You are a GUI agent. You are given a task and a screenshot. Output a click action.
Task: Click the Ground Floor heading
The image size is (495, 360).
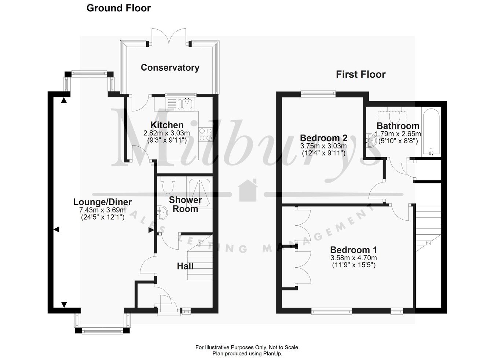click(x=118, y=8)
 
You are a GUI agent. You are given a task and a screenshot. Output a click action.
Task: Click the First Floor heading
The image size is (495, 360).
click(x=361, y=74)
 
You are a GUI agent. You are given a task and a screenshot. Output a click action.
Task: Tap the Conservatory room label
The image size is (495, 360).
click(x=170, y=67)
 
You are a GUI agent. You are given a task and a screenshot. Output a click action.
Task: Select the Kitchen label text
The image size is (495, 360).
click(x=167, y=125)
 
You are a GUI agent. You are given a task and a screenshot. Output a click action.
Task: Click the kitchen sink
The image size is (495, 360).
click(x=186, y=104)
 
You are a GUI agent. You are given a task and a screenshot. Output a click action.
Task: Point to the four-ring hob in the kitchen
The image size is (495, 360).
click(x=205, y=134)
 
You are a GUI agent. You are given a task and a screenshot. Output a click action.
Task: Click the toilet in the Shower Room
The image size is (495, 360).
click(x=169, y=185)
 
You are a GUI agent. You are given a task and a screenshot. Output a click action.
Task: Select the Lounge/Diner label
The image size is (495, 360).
click(x=102, y=202)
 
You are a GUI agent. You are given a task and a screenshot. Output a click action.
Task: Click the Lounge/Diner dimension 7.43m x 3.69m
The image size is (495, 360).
click(x=102, y=210)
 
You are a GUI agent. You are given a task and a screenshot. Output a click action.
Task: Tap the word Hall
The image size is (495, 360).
click(x=185, y=266)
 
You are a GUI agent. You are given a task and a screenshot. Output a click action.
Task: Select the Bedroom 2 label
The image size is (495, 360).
click(x=323, y=138)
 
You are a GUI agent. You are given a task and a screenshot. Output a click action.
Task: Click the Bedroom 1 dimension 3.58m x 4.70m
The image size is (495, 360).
click(x=353, y=258)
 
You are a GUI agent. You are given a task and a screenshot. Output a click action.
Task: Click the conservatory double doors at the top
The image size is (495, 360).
click(x=169, y=37)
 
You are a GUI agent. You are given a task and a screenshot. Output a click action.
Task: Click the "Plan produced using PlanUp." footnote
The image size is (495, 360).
click(x=247, y=354)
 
